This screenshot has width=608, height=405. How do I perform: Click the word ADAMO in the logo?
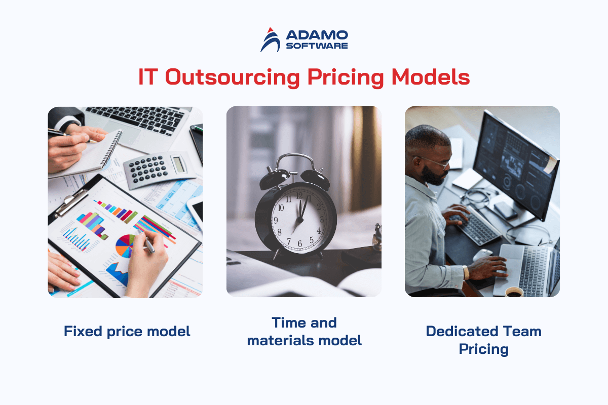[x=317, y=35]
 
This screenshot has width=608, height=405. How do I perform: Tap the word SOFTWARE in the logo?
[x=317, y=46]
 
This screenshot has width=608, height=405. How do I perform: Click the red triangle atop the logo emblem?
[x=270, y=30]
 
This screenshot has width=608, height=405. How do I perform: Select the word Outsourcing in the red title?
[x=233, y=77]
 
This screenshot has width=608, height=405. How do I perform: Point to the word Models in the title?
[x=431, y=77]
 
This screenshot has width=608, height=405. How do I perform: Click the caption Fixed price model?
[x=127, y=332]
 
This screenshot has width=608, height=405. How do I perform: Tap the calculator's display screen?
[x=178, y=164]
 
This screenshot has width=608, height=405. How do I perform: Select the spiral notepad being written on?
[x=86, y=154]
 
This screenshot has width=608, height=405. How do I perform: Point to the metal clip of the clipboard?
[x=70, y=202]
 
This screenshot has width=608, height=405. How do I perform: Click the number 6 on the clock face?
[x=299, y=244]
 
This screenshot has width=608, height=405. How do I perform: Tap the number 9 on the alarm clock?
[x=276, y=220]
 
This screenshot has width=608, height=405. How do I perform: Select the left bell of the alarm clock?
[x=274, y=179]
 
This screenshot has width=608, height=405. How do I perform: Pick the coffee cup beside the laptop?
[x=514, y=292]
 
